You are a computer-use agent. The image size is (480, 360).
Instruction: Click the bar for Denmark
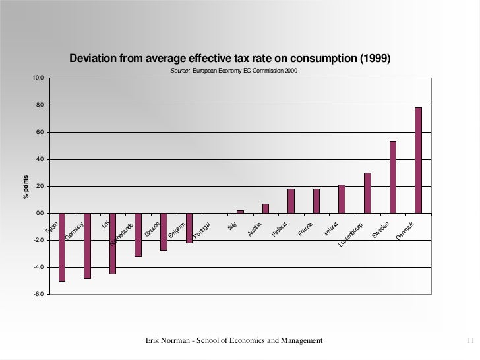coord(418,160)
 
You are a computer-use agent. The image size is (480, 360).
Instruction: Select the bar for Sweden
coord(393,177)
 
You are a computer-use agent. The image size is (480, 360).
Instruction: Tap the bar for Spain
coord(62,247)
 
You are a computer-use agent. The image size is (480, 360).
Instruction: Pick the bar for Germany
coord(87,245)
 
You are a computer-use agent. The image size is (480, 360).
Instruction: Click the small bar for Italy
coord(240,212)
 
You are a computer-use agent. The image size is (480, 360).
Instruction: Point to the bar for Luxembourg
coord(367,193)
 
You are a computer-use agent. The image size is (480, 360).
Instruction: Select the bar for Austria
coord(266,208)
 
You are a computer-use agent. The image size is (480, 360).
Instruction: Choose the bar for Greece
coord(164,231)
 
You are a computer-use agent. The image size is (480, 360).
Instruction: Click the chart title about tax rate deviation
coord(230,59)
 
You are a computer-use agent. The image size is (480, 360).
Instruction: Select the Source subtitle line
coord(233,71)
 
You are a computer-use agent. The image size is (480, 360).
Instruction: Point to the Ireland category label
coord(331,228)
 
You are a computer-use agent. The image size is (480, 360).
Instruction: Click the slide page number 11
coord(470,340)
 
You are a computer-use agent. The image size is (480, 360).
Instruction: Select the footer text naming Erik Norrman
coord(233,340)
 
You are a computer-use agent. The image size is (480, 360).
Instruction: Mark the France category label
coord(305,229)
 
